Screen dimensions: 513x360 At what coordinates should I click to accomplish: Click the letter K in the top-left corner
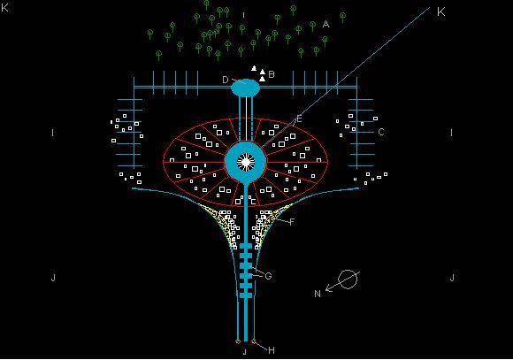[x=4, y=7]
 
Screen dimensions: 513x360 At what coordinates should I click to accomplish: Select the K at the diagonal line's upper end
[x=441, y=12]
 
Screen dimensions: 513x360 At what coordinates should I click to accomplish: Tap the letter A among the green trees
[x=325, y=24]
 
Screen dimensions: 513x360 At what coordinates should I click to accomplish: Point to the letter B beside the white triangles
[x=272, y=74]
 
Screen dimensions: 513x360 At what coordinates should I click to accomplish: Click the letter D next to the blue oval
[x=226, y=80]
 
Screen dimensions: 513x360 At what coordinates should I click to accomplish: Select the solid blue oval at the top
[x=245, y=88]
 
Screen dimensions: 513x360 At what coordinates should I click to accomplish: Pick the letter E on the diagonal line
[x=299, y=119]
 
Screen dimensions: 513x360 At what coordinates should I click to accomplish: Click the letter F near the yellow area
[x=292, y=222]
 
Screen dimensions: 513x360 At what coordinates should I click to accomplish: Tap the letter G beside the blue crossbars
[x=268, y=276]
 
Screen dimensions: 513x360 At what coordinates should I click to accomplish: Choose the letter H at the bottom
[x=272, y=350]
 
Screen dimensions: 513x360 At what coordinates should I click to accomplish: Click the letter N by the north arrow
[x=318, y=294]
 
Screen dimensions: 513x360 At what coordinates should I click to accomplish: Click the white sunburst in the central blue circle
[x=246, y=162]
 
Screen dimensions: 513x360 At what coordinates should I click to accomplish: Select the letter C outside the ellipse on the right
[x=381, y=132]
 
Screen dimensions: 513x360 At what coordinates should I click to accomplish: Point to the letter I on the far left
[x=53, y=133]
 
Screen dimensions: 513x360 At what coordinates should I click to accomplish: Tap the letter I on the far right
[x=451, y=133]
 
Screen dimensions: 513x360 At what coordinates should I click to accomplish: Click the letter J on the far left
[x=53, y=278]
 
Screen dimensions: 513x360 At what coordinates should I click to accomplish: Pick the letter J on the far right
[x=452, y=278]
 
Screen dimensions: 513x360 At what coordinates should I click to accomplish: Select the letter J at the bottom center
[x=245, y=352]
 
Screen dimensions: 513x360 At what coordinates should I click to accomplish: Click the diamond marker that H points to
[x=254, y=341]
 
